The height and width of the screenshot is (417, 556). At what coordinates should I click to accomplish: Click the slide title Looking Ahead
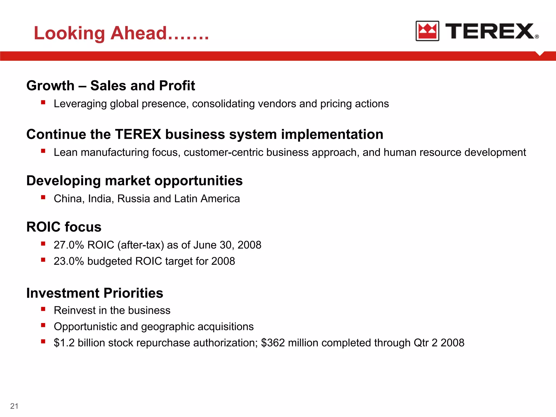coord(121,33)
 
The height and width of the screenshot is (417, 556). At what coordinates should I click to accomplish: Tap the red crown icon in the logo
coord(427,31)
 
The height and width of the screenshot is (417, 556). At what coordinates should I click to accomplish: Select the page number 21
coord(14,406)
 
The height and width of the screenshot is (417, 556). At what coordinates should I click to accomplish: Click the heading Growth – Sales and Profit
coord(110,86)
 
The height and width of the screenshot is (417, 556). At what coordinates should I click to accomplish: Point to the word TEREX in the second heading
coord(138,134)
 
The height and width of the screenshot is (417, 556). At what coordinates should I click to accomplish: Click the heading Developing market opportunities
coord(134,181)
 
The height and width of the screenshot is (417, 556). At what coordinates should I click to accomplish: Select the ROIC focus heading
coord(64,227)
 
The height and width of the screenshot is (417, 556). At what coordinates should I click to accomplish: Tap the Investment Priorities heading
coord(95,293)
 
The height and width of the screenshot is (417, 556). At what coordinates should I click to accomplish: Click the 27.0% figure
coord(69,245)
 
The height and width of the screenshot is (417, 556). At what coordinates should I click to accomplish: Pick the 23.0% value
coord(69,261)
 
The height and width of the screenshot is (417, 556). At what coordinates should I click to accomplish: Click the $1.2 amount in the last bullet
coord(64,343)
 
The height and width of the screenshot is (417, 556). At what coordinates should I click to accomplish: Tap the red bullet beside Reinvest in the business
coord(43,309)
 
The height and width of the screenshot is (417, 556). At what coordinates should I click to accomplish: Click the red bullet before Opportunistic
coord(43,325)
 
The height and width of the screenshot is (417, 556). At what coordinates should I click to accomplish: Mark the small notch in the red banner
coord(540,53)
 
